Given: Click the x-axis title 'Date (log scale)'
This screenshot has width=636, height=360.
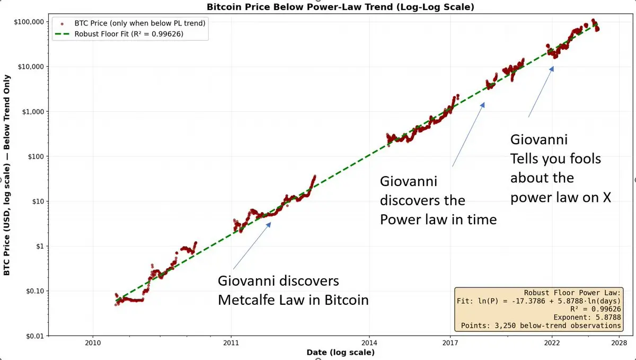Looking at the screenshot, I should [340, 353].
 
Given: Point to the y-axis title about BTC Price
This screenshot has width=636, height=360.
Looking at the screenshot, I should [7, 179].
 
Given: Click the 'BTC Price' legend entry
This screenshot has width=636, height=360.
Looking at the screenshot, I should [140, 23].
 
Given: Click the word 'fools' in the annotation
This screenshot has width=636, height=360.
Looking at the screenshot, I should [581, 159].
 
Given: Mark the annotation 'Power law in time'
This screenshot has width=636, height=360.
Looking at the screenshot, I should [438, 219].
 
